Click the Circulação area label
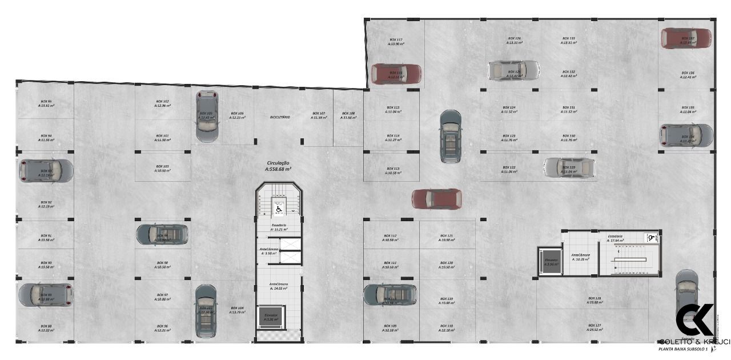278,166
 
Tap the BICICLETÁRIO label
280,117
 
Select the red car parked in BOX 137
686,38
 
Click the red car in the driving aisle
437,199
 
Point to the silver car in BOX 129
569,167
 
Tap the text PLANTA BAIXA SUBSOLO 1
683,348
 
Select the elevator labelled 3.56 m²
551,262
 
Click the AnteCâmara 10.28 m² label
580,257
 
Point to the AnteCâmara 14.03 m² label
279,286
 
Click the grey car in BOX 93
46,170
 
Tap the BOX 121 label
447,238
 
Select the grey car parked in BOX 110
390,294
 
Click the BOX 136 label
688,75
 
